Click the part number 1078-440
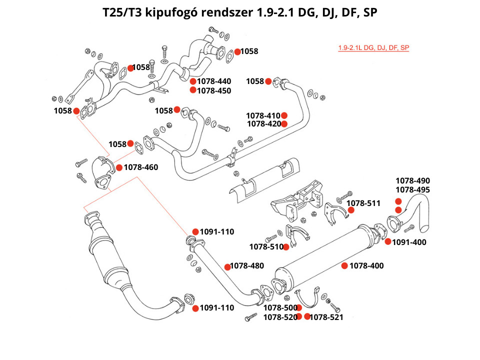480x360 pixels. [x=214, y=81]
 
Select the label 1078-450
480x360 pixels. [x=214, y=90]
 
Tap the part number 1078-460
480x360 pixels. [x=141, y=167]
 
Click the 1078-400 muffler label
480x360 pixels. [x=366, y=265]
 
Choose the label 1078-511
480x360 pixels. [x=363, y=203]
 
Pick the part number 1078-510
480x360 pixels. [x=266, y=246]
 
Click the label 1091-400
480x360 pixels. [x=409, y=242]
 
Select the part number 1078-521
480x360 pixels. [x=326, y=317]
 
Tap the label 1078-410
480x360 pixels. [x=264, y=115]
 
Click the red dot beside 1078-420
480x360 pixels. [x=284, y=124]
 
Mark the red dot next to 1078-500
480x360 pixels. [x=299, y=307]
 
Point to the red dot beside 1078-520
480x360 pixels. [x=299, y=316]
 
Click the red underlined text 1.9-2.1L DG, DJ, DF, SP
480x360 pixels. [x=373, y=48]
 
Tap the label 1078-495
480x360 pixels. [x=412, y=190]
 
